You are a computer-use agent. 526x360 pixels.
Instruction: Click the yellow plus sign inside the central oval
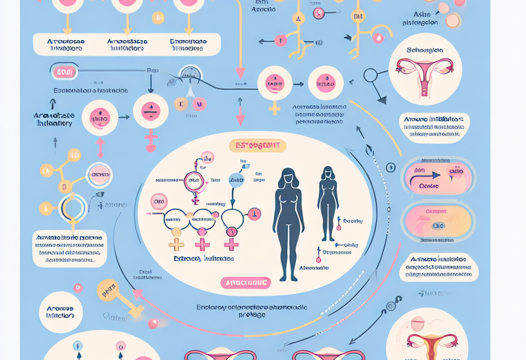click(x=176, y=244)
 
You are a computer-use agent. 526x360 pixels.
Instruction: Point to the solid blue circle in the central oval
click(x=236, y=180)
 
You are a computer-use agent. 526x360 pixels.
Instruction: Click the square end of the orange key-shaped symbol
click(x=137, y=312)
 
